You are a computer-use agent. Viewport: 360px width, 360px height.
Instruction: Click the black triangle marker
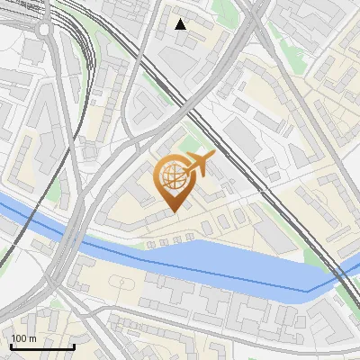(x=181, y=24)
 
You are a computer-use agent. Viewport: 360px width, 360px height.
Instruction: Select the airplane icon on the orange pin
(x=200, y=163)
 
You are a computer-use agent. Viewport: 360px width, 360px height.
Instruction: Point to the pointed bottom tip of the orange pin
(x=175, y=212)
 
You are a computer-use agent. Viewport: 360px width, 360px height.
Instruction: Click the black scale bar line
(x=41, y=347)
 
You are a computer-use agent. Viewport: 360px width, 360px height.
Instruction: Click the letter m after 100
(x=32, y=338)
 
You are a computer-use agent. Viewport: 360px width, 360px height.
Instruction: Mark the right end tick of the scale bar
(x=74, y=346)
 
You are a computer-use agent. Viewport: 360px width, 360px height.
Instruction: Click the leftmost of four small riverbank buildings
(x=149, y=242)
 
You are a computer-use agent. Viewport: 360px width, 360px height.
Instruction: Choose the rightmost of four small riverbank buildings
(x=190, y=238)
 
